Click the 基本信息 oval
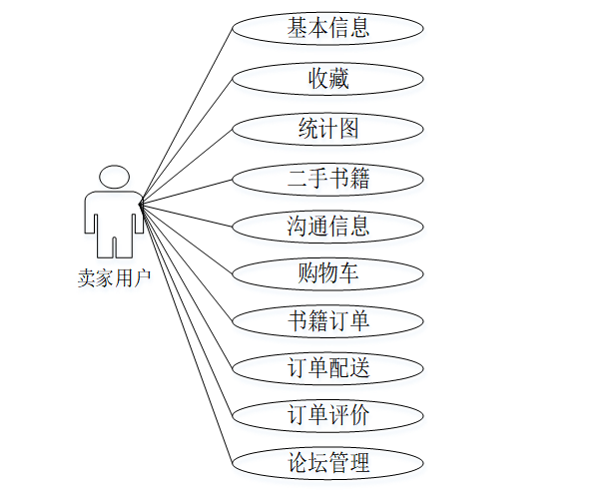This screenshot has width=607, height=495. (x=328, y=28)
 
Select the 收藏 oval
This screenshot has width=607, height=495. (x=328, y=78)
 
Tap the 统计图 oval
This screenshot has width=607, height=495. (x=328, y=128)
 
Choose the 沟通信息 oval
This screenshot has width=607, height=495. (x=328, y=226)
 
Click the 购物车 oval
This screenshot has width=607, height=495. (x=328, y=272)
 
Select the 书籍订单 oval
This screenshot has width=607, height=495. (x=328, y=320)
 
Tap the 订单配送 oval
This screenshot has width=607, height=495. (x=328, y=367)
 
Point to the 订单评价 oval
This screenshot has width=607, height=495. (x=328, y=414)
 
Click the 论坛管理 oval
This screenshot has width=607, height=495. (x=328, y=462)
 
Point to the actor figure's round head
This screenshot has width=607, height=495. (x=114, y=179)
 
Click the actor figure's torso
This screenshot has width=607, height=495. (x=114, y=215)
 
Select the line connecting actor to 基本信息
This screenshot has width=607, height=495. (x=187, y=115)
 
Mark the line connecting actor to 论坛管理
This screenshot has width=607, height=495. (x=187, y=334)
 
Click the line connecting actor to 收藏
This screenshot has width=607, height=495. (x=187, y=140)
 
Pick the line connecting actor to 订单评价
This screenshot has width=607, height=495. (x=187, y=310)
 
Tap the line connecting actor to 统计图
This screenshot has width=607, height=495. (x=187, y=165)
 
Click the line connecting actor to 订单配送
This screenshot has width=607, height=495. (x=187, y=286)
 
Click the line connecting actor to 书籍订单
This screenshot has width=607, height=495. (x=187, y=262)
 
